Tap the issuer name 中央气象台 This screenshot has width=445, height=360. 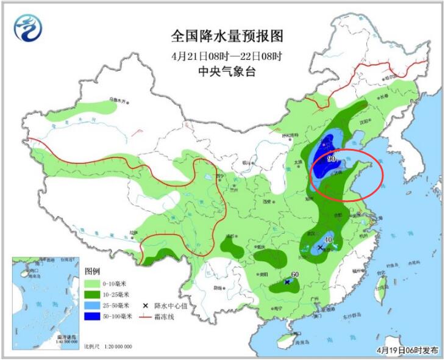point(218,71)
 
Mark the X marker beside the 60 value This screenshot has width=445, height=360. point(287,282)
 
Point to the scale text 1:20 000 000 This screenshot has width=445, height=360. point(116,347)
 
